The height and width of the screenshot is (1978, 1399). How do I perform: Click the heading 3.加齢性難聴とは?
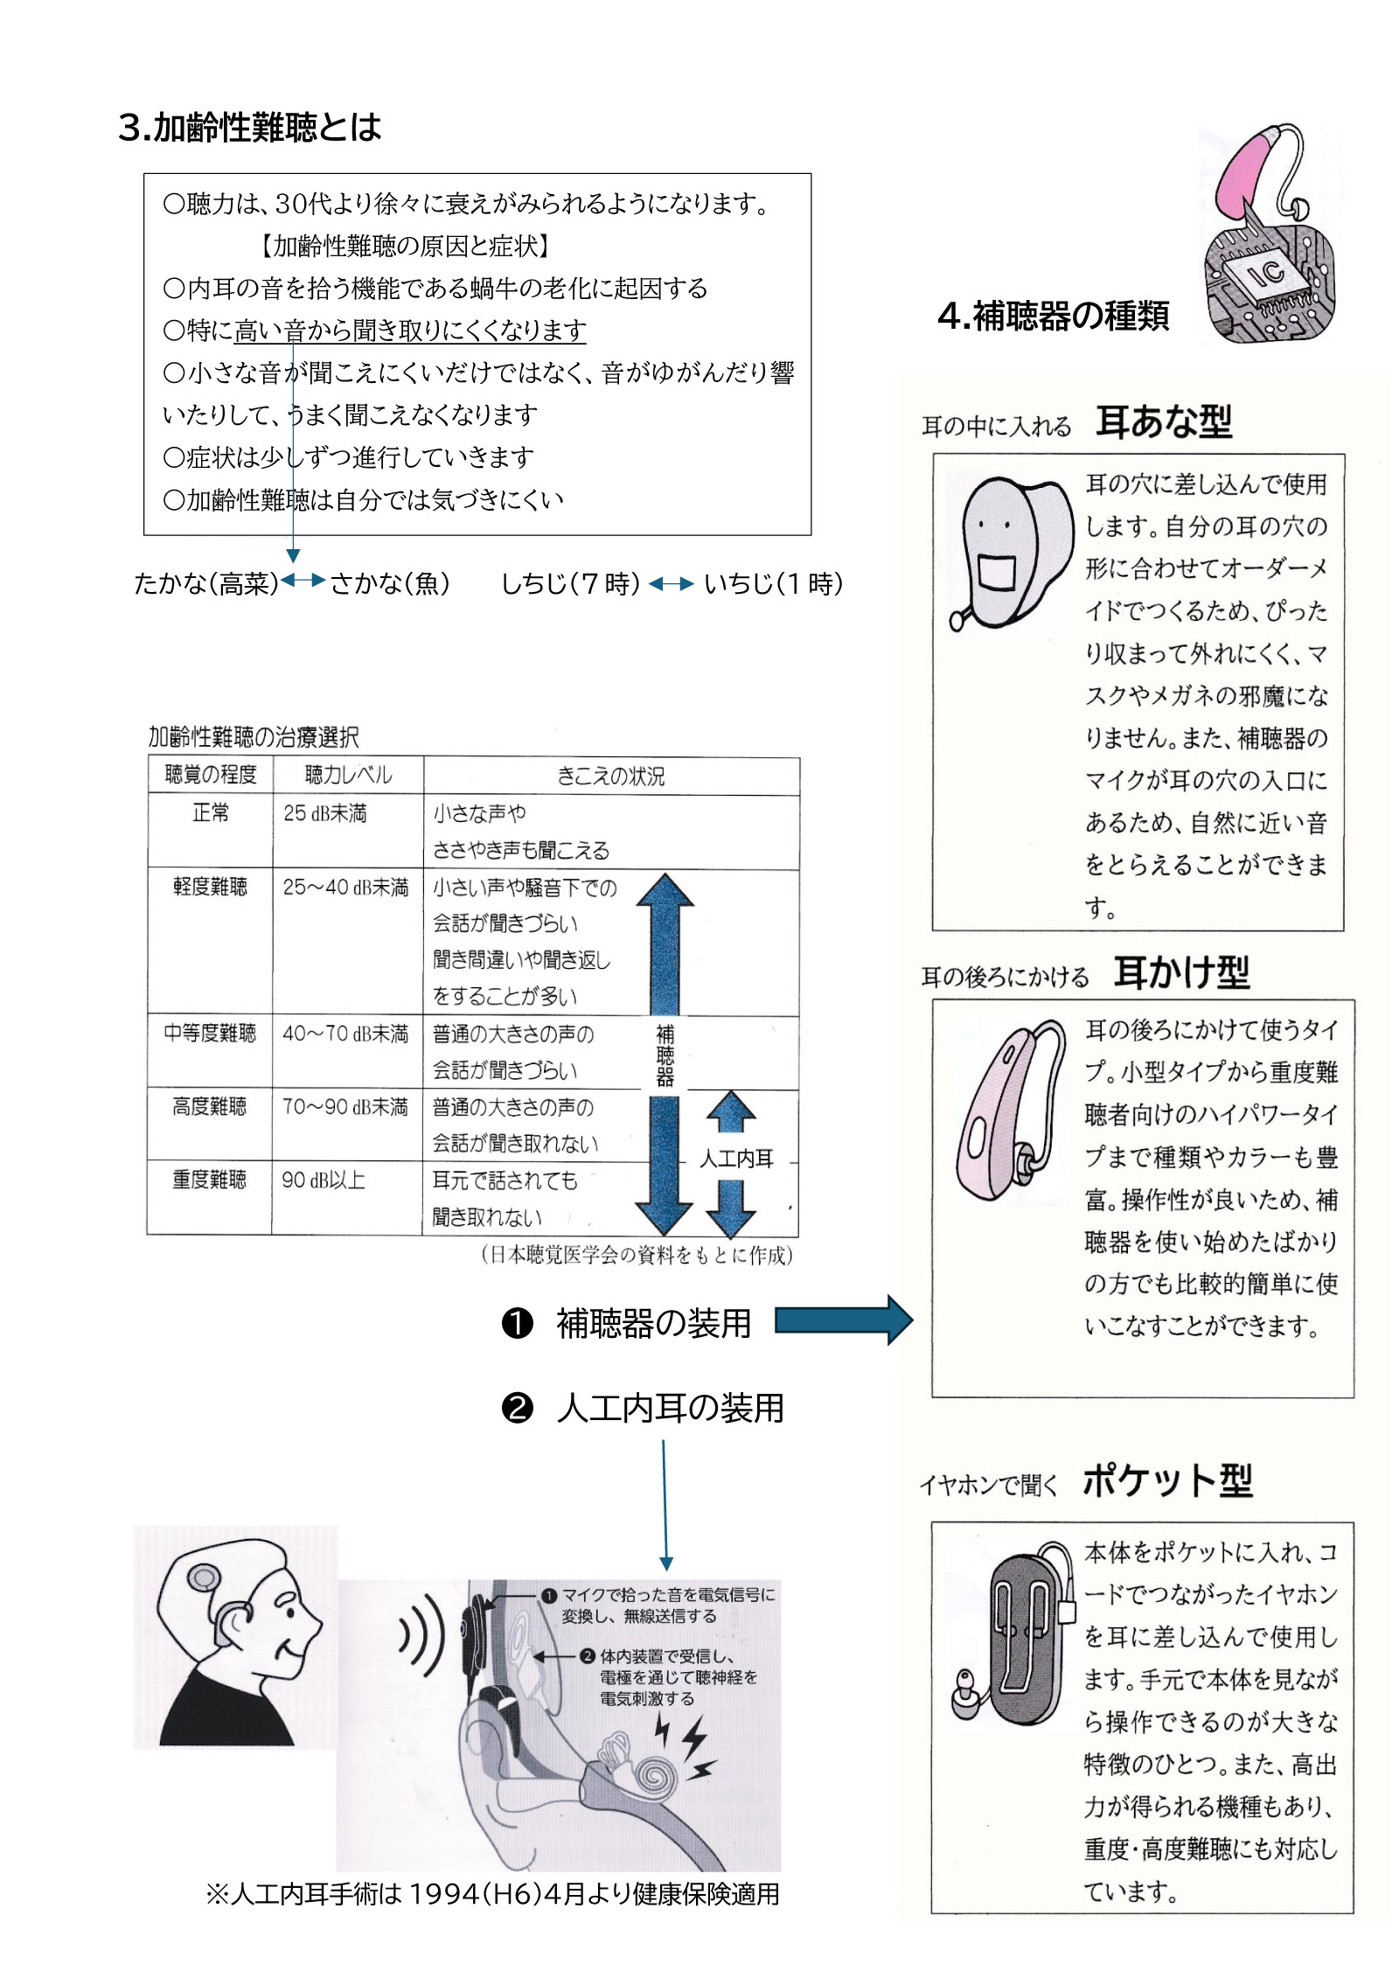pyautogui.click(x=250, y=128)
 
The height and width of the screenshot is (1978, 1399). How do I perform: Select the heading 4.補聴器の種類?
pyautogui.click(x=1053, y=316)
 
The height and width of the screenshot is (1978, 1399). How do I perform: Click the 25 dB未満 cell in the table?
pyautogui.click(x=324, y=813)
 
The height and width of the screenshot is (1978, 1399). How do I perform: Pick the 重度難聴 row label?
pyautogui.click(x=209, y=1180)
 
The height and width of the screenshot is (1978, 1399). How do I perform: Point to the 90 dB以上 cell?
pyautogui.click(x=323, y=1180)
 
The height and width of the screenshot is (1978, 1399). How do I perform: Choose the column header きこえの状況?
pyautogui.click(x=610, y=776)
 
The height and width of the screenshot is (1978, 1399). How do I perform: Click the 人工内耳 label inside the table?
pyautogui.click(x=736, y=1159)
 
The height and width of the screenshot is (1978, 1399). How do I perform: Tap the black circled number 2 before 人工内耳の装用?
pyautogui.click(x=517, y=1408)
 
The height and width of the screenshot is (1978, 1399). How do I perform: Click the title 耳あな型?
pyautogui.click(x=1163, y=422)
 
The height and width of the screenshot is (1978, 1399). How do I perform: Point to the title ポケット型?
pyautogui.click(x=1167, y=1481)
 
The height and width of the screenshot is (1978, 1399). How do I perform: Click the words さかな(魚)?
pyautogui.click(x=390, y=583)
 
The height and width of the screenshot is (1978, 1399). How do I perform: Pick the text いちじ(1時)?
pyautogui.click(x=774, y=583)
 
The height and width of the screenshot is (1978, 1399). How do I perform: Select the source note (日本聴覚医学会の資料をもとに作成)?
pyautogui.click(x=637, y=1255)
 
